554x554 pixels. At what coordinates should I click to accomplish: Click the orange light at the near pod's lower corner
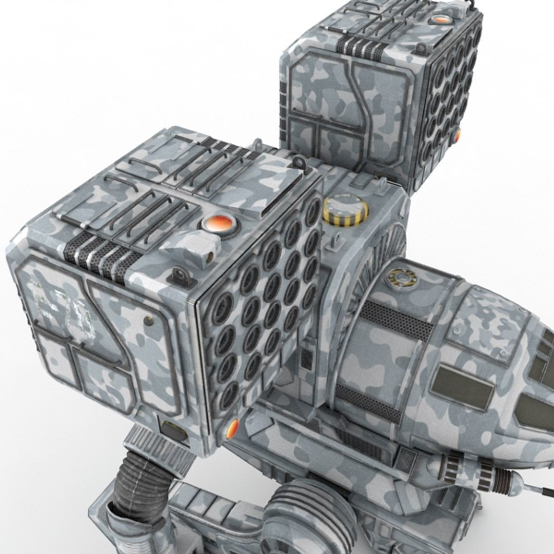click(232, 428)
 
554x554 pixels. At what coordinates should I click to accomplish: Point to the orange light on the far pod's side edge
click(457, 135)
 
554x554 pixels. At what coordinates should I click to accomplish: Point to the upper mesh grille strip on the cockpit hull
click(396, 321)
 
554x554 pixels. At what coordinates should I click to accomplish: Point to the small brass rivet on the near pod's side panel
click(149, 321)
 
